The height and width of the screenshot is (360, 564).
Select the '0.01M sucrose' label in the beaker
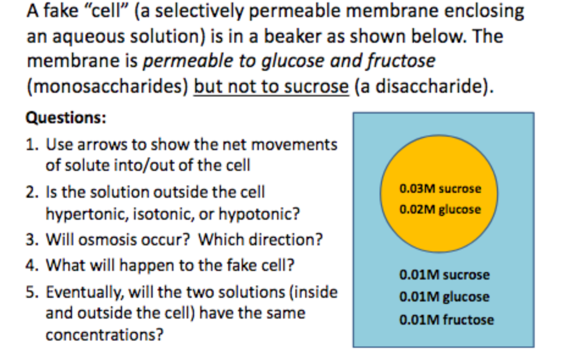point(444,275)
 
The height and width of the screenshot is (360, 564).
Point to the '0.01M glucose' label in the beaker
point(444,297)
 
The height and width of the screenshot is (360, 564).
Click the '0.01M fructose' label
point(446,319)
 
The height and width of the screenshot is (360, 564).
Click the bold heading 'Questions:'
point(66,118)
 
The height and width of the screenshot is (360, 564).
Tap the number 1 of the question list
point(31,145)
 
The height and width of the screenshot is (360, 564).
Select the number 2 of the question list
point(31,193)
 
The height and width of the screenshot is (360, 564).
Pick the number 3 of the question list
point(31,239)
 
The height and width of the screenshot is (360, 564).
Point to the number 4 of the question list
point(31,266)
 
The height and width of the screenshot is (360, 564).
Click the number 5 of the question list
point(31,292)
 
